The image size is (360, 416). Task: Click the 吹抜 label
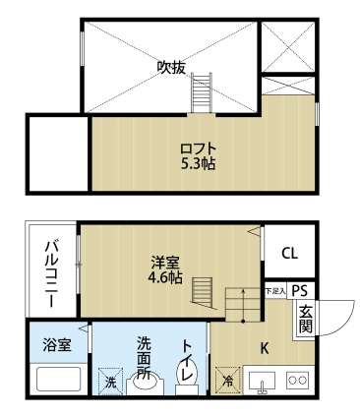(171, 68)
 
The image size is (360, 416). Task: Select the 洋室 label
(165, 263)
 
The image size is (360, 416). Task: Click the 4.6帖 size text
(165, 278)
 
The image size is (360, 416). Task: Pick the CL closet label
(289, 253)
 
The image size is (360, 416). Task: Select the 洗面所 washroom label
(144, 358)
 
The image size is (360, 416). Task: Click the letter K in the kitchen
(264, 346)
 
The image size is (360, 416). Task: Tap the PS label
(300, 291)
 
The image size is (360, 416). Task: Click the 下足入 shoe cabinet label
(274, 291)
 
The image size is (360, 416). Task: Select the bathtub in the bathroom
(57, 379)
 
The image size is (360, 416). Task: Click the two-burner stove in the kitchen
(297, 379)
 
